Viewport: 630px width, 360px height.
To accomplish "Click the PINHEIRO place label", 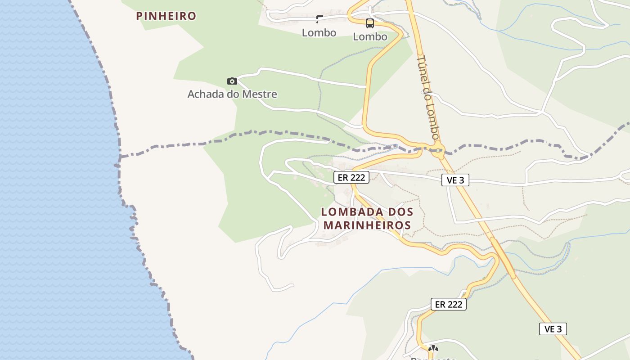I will pyautogui.click(x=166, y=16).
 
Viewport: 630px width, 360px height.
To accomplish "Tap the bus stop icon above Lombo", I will pyautogui.click(x=370, y=23).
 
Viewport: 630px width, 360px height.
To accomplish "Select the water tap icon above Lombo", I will pyautogui.click(x=319, y=19).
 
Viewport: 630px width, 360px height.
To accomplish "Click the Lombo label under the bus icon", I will pyautogui.click(x=370, y=37).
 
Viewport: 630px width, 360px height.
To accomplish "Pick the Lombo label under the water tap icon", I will pyautogui.click(x=319, y=33).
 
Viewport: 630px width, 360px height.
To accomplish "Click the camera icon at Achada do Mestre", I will pyautogui.click(x=232, y=81).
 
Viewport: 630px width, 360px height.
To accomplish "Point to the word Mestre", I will pyautogui.click(x=260, y=94).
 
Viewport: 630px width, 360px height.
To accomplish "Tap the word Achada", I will pyautogui.click(x=205, y=94).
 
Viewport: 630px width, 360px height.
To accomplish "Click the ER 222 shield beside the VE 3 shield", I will pyautogui.click(x=351, y=178).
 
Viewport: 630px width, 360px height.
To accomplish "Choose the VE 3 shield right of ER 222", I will pyautogui.click(x=455, y=180).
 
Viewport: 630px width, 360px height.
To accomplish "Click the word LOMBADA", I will pyautogui.click(x=349, y=211).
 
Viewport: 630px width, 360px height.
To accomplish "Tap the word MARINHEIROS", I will pyautogui.click(x=367, y=225).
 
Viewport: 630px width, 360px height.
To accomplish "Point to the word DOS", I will pyautogui.click(x=398, y=211).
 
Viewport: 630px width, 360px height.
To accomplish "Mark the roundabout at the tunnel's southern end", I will pyautogui.click(x=437, y=150).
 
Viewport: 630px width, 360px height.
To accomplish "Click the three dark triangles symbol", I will pyautogui.click(x=433, y=348).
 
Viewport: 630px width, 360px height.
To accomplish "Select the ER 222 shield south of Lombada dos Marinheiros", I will pyautogui.click(x=449, y=305).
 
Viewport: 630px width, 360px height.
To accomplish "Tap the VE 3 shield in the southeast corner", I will pyautogui.click(x=553, y=329).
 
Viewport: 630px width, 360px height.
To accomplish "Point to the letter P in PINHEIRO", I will pyautogui.click(x=139, y=16).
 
